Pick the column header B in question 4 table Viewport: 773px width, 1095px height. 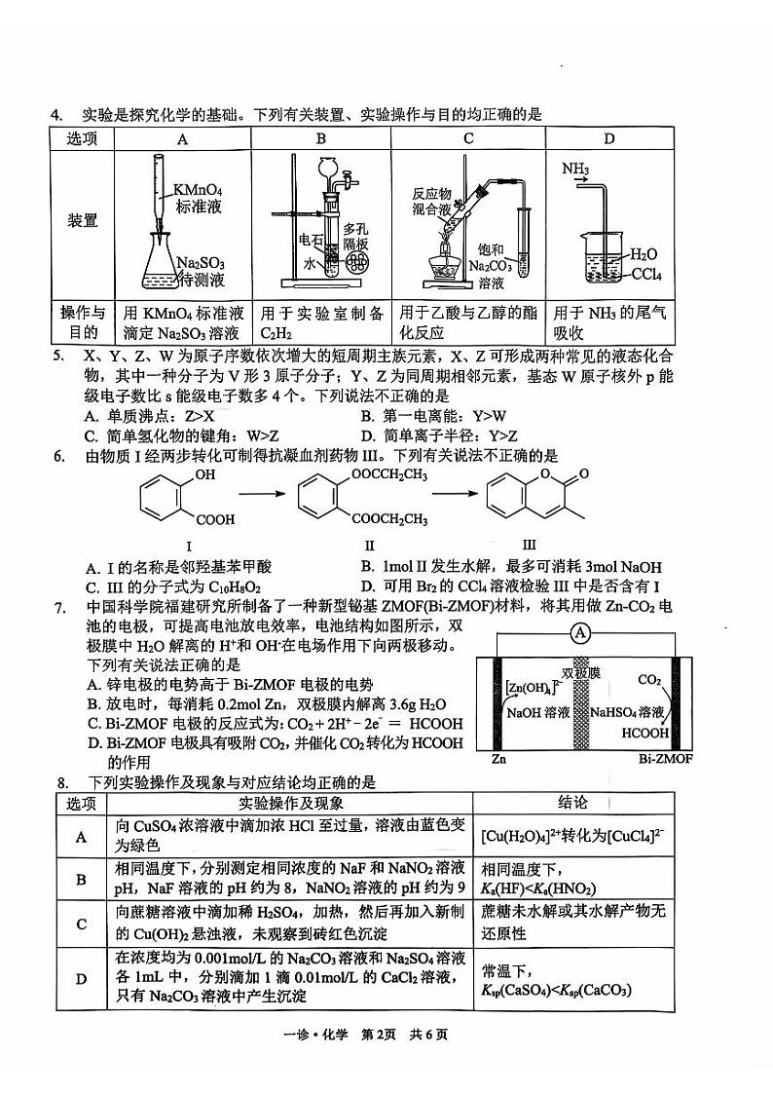[x=321, y=138]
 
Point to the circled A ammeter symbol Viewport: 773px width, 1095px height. [x=581, y=634]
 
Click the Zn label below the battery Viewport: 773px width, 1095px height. [x=498, y=757]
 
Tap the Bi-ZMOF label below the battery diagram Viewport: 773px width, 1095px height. [x=665, y=757]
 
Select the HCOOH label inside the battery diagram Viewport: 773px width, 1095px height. [x=644, y=733]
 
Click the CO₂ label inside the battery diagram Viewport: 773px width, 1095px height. [x=649, y=680]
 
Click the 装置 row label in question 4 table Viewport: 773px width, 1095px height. [x=83, y=220]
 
